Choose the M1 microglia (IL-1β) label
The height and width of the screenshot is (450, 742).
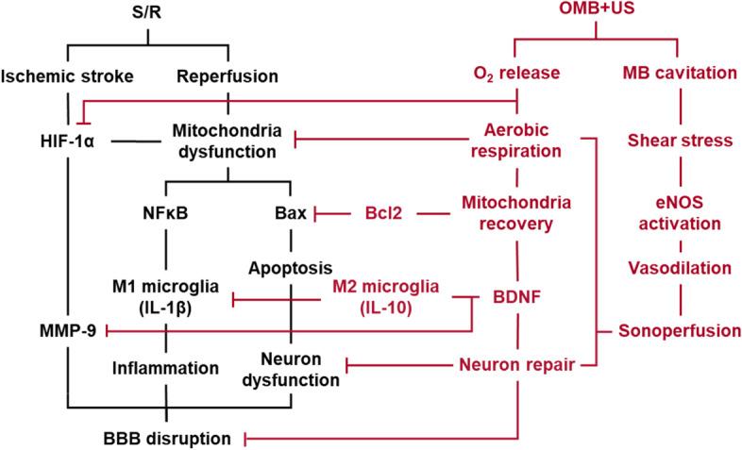(x=167, y=293)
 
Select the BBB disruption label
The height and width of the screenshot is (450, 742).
(x=167, y=438)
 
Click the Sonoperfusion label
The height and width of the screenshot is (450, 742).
(x=680, y=330)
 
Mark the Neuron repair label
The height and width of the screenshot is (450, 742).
(x=517, y=363)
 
